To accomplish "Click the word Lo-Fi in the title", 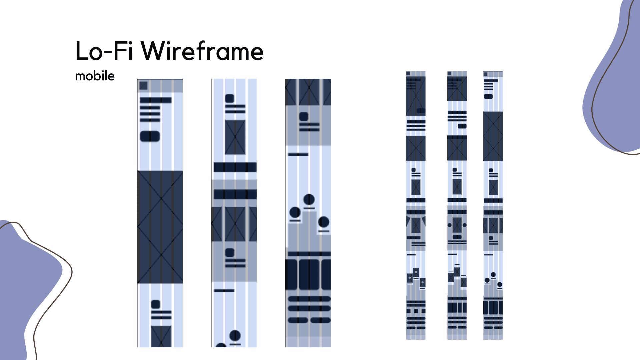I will tap(104, 51).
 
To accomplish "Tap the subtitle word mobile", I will tap(95, 76).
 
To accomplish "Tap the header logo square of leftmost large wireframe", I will tap(143, 86).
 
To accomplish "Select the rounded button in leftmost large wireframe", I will tap(150, 136).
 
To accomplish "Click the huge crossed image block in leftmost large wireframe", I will tap(160, 227).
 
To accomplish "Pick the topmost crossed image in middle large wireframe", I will tap(235, 137).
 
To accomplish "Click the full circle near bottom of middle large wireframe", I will tap(235, 335).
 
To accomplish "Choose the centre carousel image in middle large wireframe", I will tap(235, 224).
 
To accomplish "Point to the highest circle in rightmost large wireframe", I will tap(309, 199).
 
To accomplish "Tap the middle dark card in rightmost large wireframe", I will tap(309, 274).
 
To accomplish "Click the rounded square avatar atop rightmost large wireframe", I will tap(304, 116).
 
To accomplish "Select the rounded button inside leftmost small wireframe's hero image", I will tap(421, 111).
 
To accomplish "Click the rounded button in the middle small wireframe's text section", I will tap(462, 126).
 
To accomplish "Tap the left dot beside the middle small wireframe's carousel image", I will tap(450, 225).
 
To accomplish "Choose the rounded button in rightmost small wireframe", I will tap(488, 96).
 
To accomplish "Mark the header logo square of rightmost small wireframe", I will tap(486, 74).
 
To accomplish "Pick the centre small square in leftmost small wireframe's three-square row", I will tap(416, 311).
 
